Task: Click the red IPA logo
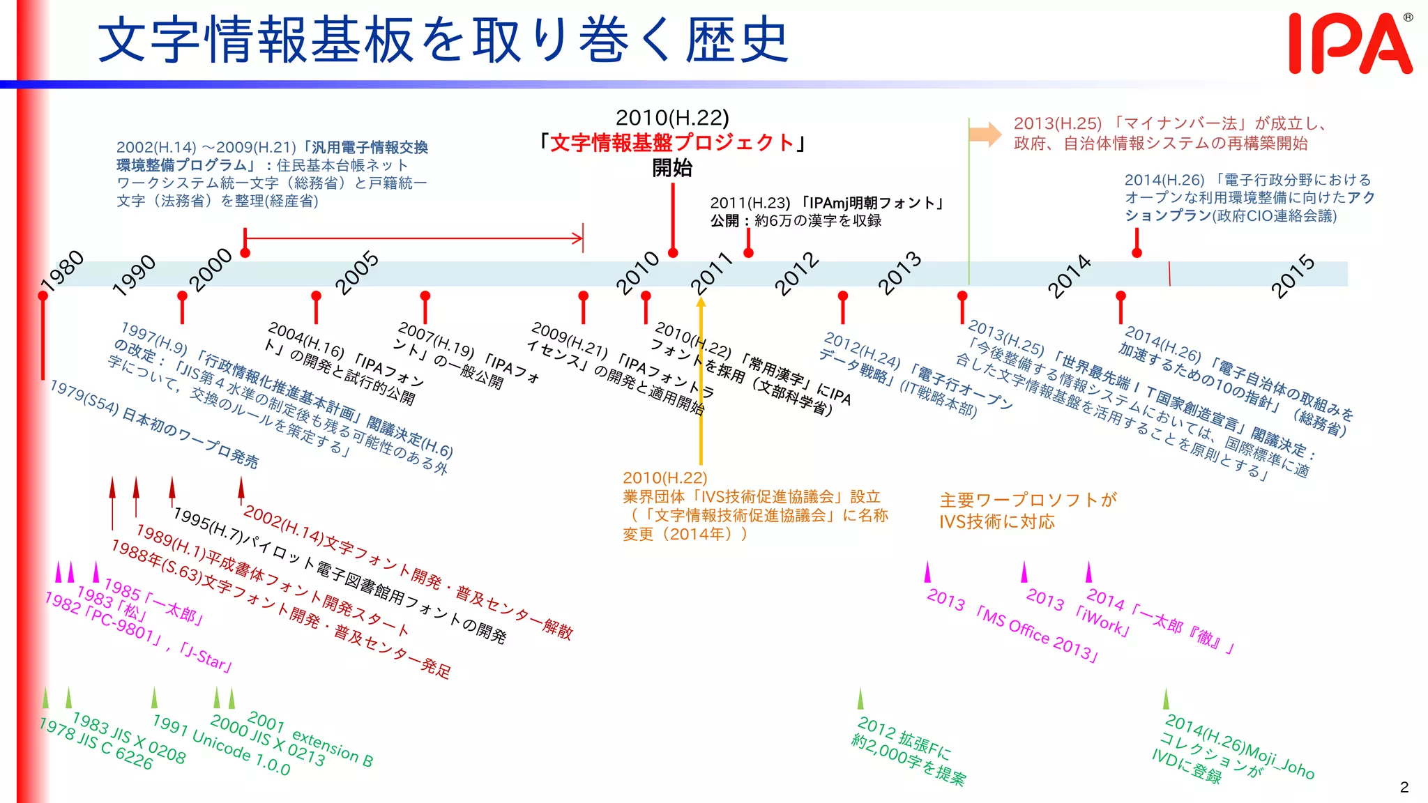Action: (1350, 43)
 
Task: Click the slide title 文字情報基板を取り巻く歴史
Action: (443, 40)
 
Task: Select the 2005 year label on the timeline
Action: (356, 273)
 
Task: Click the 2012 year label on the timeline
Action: (797, 273)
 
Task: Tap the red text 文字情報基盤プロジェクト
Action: (672, 143)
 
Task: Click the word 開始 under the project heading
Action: (672, 168)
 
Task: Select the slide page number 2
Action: (1404, 787)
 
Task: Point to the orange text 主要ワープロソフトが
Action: (1028, 500)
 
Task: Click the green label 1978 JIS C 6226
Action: (96, 744)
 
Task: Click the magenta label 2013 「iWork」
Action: (1078, 611)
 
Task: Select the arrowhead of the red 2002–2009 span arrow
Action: (578, 238)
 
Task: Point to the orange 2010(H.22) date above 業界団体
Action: (664, 478)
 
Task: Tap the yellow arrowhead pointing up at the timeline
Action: (701, 302)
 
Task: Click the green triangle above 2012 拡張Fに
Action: (860, 698)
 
